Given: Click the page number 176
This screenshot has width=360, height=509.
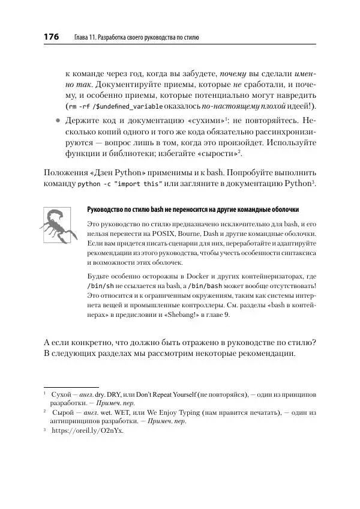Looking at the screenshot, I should click(x=50, y=37).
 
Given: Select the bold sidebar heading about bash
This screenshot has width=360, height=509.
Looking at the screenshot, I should click(x=193, y=210).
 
